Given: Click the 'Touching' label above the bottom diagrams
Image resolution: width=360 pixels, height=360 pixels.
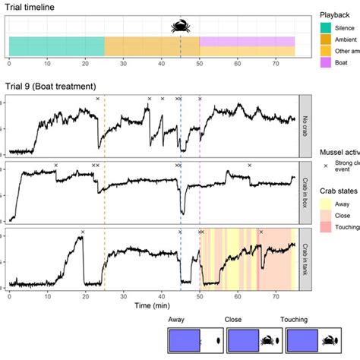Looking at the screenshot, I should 297,321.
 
